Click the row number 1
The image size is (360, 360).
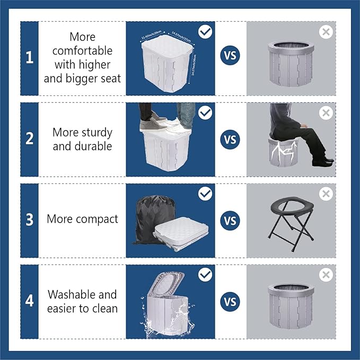(x=29, y=58)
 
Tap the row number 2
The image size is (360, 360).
(x=29, y=139)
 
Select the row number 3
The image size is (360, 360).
(x=29, y=220)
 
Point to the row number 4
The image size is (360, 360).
(x=29, y=301)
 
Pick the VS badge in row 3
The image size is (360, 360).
(x=231, y=221)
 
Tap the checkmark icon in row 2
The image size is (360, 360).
(x=205, y=113)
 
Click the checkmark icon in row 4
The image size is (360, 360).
(x=205, y=275)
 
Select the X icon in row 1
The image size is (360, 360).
(x=326, y=31)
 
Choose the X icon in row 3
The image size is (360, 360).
(x=326, y=194)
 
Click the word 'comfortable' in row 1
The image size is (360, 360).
(x=82, y=51)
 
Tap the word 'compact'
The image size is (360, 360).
(x=98, y=219)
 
